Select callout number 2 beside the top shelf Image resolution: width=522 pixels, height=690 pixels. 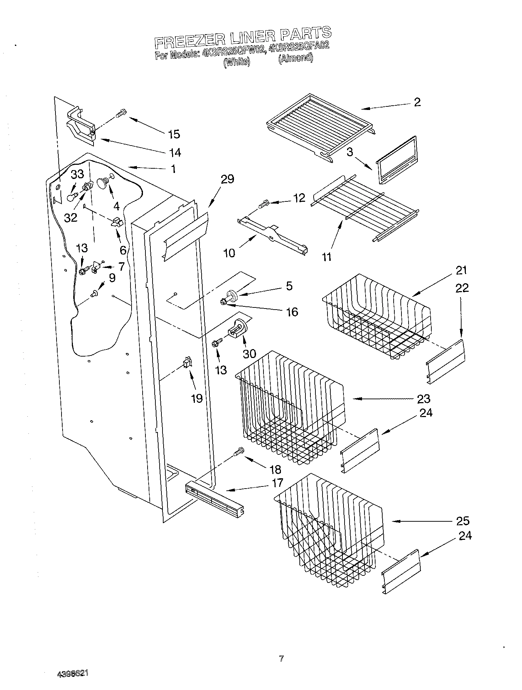point(417,102)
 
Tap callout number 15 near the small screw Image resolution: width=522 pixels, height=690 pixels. point(174,134)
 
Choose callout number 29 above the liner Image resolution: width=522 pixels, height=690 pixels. point(227,179)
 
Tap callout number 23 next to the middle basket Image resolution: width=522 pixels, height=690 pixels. point(424,399)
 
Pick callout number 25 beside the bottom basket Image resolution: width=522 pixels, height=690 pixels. point(463,521)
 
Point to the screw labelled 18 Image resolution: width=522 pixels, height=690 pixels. point(239,452)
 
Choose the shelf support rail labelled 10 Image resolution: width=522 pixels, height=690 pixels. point(272,237)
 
